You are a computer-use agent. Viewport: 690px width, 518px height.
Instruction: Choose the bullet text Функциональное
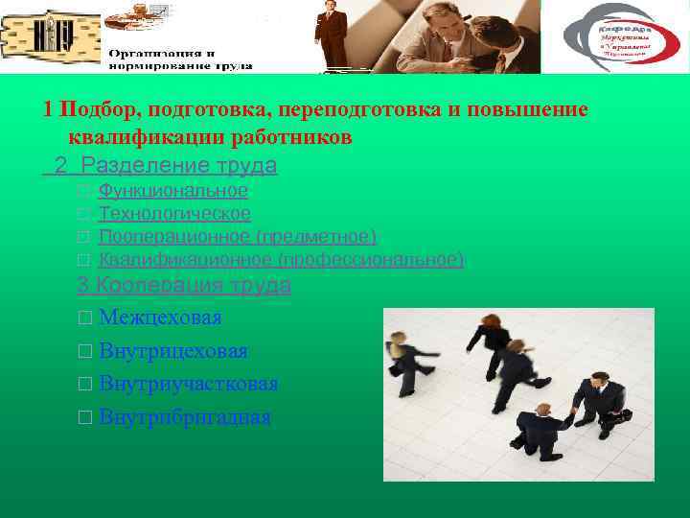pos(173,191)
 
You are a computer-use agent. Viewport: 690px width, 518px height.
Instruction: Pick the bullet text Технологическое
pos(174,214)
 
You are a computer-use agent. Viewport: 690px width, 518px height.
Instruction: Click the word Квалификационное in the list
pos(186,260)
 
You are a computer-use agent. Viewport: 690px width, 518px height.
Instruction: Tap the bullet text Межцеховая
pos(160,318)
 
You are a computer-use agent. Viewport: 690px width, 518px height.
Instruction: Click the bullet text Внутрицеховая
pos(172,351)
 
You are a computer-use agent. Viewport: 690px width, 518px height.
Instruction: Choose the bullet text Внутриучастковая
pos(188,384)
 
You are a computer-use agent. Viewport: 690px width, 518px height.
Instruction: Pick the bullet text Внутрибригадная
pos(184,417)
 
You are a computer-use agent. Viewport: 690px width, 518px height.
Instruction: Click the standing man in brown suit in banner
pos(332,36)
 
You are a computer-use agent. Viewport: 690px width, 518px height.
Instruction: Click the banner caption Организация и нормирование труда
pos(179,59)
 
